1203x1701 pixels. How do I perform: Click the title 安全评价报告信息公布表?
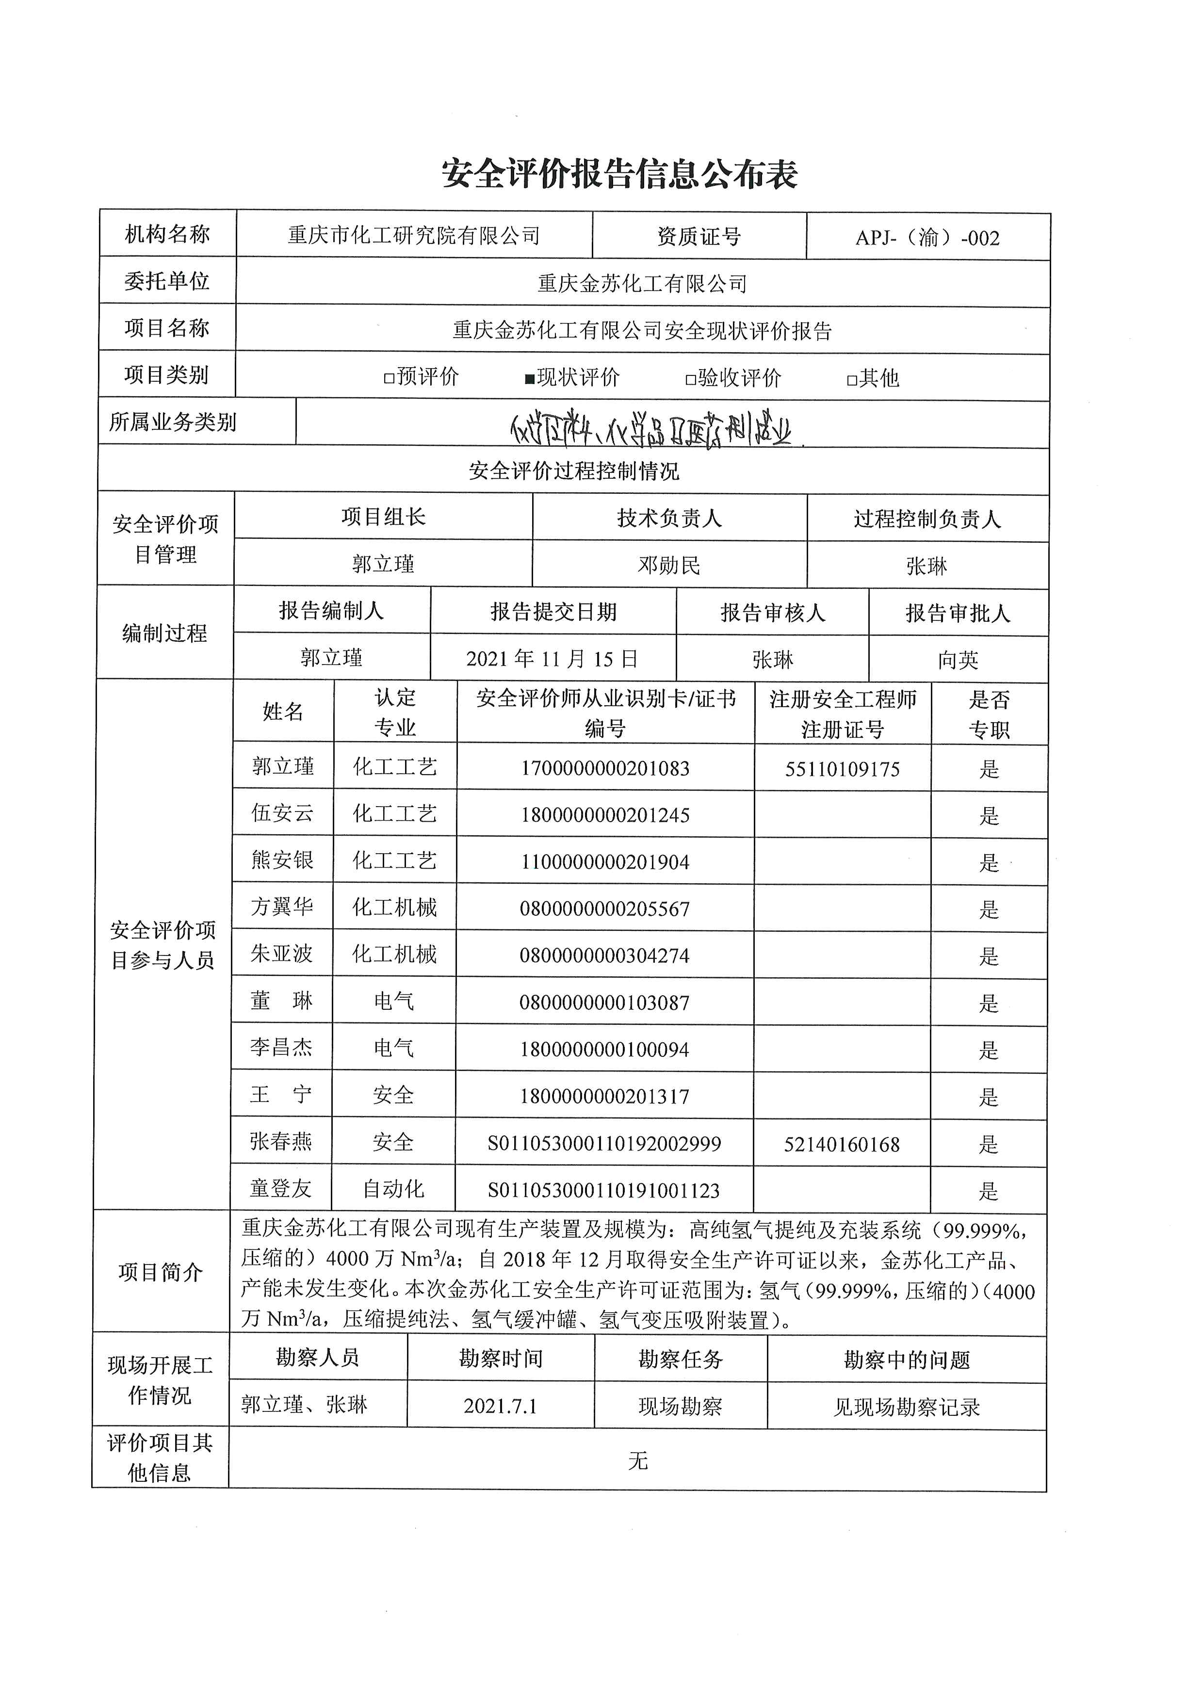point(619,175)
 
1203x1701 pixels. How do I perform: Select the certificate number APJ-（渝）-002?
point(927,238)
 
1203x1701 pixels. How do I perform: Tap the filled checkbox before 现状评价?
point(530,379)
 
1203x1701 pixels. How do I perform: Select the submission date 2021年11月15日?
point(552,659)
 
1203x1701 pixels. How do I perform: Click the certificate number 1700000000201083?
point(604,768)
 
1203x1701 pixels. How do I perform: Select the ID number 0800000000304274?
point(604,956)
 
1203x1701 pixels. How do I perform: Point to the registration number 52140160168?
point(842,1145)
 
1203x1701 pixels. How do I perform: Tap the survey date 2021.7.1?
point(500,1406)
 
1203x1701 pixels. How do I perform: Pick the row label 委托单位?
point(167,281)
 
